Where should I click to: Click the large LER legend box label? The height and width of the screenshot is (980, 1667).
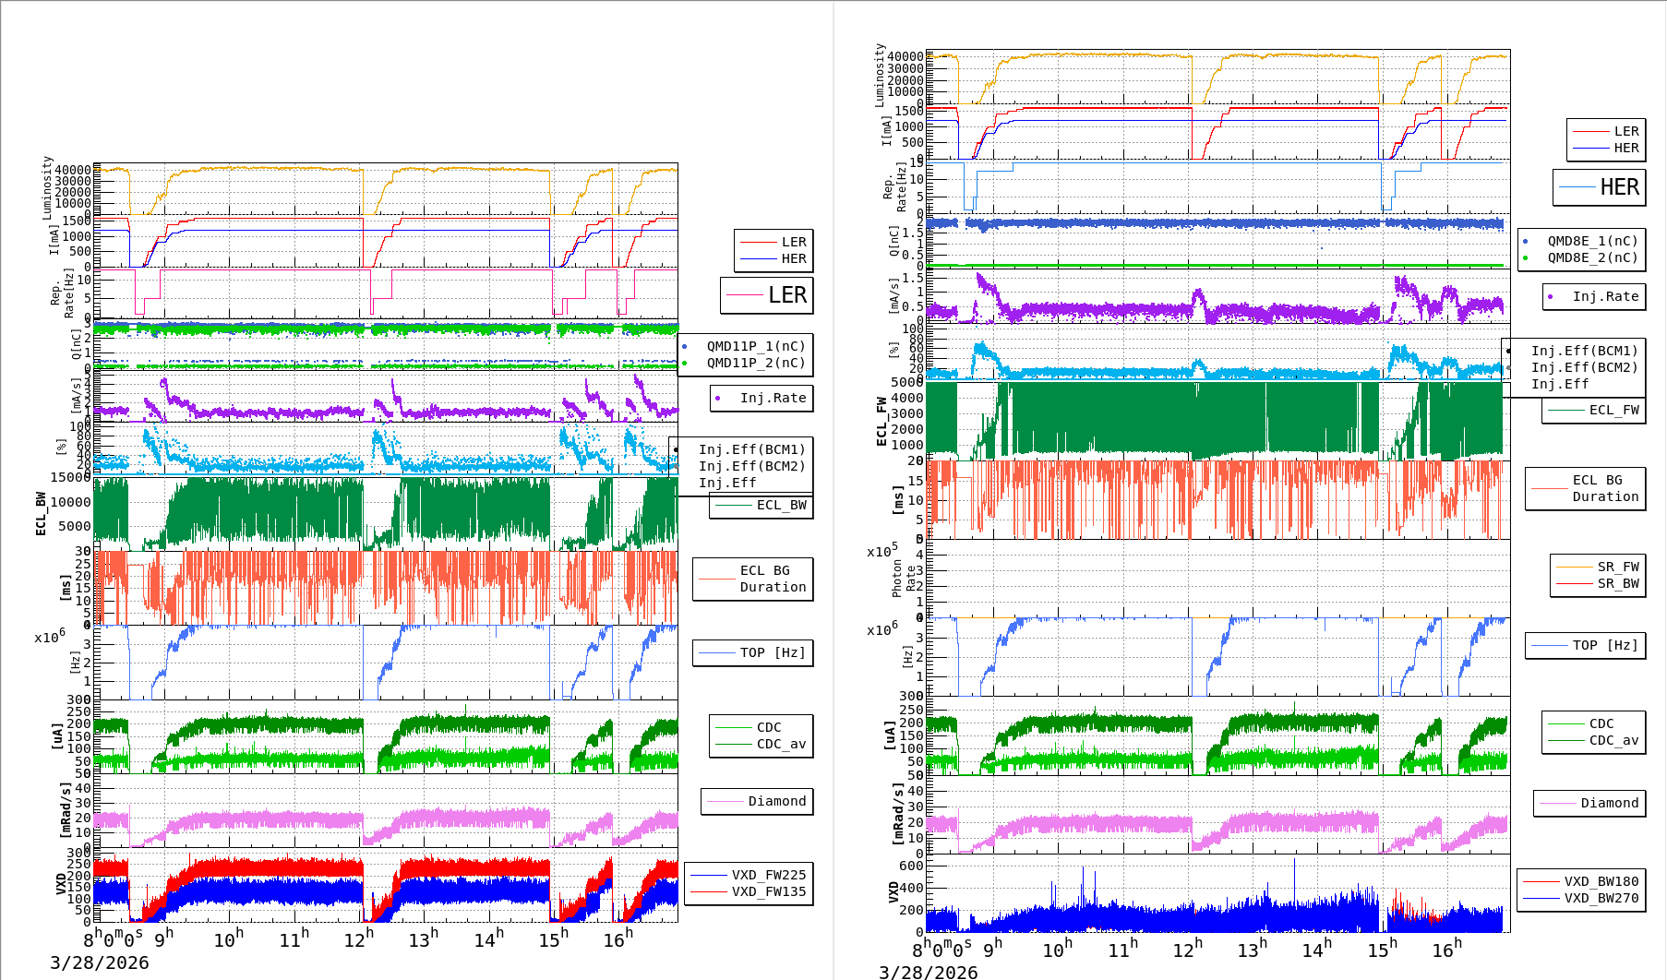pos(786,295)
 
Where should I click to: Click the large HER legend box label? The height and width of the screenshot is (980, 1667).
pos(1619,187)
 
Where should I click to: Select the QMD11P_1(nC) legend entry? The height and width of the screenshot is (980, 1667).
pos(755,346)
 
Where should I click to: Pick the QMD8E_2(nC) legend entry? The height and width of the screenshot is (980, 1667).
pos(1591,257)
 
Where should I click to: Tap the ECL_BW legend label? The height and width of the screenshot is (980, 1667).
pos(781,505)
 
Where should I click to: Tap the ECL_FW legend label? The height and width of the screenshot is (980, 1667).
pos(1613,410)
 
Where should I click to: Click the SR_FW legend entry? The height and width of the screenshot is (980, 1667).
pos(1617,567)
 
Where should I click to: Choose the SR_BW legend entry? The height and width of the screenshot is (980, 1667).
pos(1617,583)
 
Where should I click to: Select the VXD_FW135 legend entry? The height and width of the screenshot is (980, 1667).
pos(768,891)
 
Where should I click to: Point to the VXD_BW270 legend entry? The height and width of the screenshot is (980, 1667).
pos(1601,898)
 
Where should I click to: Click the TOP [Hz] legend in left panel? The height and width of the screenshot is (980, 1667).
pos(772,652)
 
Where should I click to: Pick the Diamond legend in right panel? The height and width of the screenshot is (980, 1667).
pos(1609,803)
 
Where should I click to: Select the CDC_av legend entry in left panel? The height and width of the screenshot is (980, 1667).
pos(781,744)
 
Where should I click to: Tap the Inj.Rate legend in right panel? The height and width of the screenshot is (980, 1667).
pos(1605,296)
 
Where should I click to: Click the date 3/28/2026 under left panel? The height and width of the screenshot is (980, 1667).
pos(99,962)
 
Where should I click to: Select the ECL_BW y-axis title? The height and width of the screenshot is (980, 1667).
pos(41,514)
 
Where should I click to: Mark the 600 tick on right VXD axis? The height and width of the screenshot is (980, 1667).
pos(911,866)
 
